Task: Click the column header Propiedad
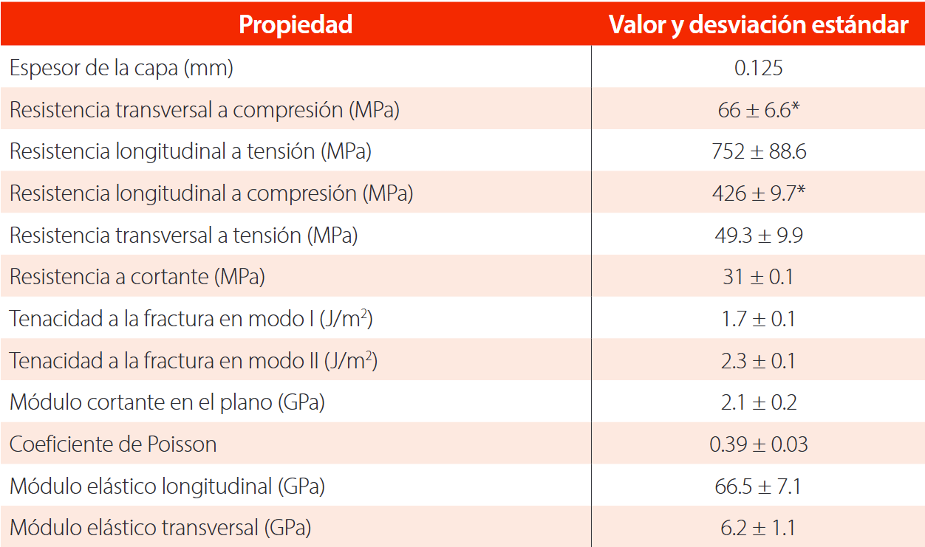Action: click(x=296, y=24)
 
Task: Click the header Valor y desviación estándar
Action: click(x=758, y=24)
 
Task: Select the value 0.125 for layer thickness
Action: click(x=758, y=69)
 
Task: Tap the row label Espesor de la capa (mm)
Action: click(x=121, y=69)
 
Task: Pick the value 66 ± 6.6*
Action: click(x=758, y=110)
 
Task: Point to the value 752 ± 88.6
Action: click(x=758, y=152)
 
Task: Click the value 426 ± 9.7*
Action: click(x=758, y=193)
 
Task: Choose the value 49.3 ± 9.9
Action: click(x=758, y=235)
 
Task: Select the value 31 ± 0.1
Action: click(x=758, y=278)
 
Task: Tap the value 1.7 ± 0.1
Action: click(x=758, y=319)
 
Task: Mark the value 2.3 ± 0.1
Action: click(x=758, y=361)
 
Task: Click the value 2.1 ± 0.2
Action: click(x=758, y=402)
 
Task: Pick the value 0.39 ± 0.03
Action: click(x=758, y=444)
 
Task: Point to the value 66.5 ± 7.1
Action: click(x=758, y=486)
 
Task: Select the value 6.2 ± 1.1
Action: click(x=758, y=529)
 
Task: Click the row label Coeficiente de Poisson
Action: click(x=113, y=444)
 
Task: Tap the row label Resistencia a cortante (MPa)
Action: click(x=137, y=278)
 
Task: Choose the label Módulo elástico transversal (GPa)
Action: click(x=160, y=529)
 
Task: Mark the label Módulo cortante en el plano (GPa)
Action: click(x=167, y=402)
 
